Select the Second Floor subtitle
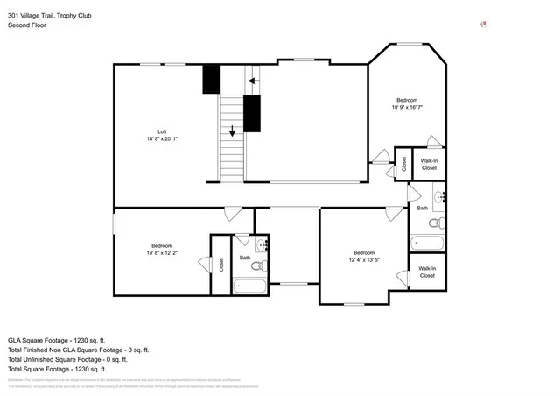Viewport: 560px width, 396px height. [x=27, y=25]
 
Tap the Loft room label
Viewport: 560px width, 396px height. [x=162, y=131]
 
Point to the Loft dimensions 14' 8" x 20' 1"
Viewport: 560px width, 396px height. [x=162, y=139]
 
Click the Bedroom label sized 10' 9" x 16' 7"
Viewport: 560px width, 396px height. [x=407, y=100]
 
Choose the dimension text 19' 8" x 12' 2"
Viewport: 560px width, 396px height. [x=162, y=253]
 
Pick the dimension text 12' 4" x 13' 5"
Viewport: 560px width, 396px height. [x=363, y=260]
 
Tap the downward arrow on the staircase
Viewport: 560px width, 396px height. [x=232, y=131]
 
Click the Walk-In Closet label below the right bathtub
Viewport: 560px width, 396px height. [x=427, y=272]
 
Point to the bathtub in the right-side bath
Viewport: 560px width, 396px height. [x=428, y=243]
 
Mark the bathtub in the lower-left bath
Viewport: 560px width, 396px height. [x=251, y=286]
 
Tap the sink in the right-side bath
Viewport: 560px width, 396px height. [x=440, y=195]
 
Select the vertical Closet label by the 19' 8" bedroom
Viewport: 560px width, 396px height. [x=221, y=265]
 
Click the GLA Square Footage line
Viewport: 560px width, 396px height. [x=56, y=338]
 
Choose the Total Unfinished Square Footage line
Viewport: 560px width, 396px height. [x=67, y=359]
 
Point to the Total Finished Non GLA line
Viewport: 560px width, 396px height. [x=68, y=349]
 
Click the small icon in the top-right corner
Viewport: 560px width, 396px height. [x=483, y=25]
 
